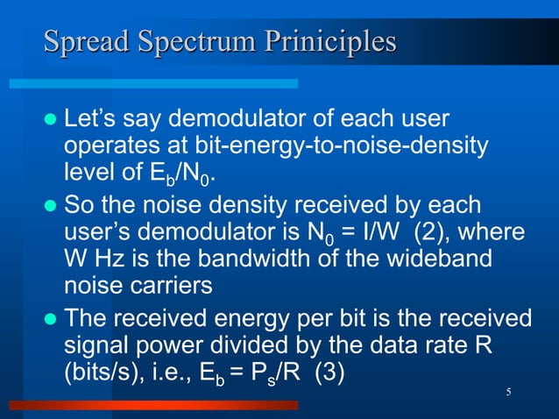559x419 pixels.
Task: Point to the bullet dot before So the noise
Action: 50,207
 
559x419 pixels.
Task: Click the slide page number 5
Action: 509,390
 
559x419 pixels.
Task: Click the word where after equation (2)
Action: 494,234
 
